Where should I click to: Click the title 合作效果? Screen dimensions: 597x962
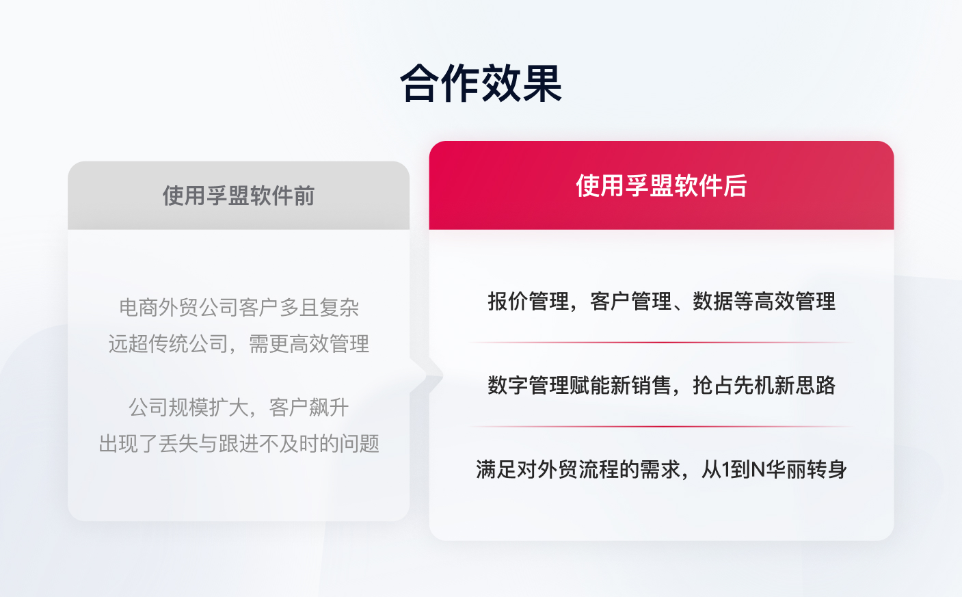pos(481,84)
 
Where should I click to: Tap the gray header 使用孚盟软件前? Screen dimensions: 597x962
pos(239,196)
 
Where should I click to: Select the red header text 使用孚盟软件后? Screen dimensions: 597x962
pos(661,185)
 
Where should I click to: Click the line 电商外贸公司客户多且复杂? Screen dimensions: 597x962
pos(239,308)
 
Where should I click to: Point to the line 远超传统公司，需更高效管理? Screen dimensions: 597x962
pos(239,343)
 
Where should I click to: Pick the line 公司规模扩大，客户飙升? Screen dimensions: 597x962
pos(239,408)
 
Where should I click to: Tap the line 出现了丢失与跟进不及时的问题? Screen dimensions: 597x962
pos(239,444)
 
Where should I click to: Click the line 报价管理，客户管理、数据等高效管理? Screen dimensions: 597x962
pos(661,301)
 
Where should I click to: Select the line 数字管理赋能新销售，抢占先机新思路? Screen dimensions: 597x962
pos(661,385)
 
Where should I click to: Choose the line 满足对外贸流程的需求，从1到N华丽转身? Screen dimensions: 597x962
pos(661,469)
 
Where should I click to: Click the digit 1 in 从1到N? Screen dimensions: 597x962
pos(726,470)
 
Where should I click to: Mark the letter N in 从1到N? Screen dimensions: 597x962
pos(758,470)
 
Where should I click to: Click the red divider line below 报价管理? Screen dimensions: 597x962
pos(661,343)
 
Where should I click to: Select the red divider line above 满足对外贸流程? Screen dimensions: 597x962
pos(661,427)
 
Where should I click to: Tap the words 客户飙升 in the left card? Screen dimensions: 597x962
pos(309,408)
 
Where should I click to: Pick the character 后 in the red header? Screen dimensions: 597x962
pos(736,185)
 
